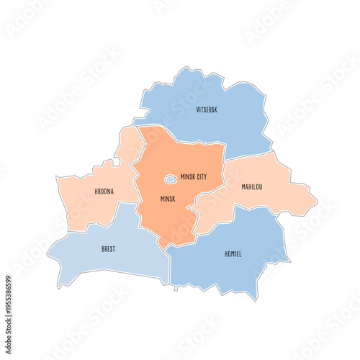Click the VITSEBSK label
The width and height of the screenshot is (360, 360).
207,110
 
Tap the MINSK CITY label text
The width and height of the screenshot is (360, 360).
193,176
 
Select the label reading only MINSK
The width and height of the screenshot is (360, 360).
168,197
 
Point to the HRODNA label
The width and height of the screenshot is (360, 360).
104,193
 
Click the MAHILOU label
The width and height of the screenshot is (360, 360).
251,187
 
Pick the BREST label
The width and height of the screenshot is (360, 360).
108,249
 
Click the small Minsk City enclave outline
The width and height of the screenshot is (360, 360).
171,179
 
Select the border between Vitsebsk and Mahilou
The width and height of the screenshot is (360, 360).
248,155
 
